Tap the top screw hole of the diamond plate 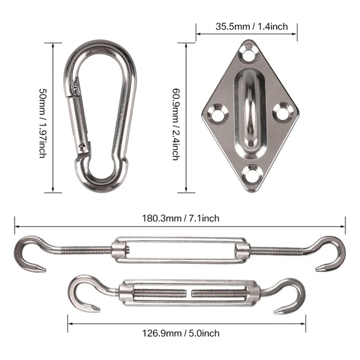click(x=248, y=56)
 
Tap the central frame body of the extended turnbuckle click(x=180, y=249)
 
